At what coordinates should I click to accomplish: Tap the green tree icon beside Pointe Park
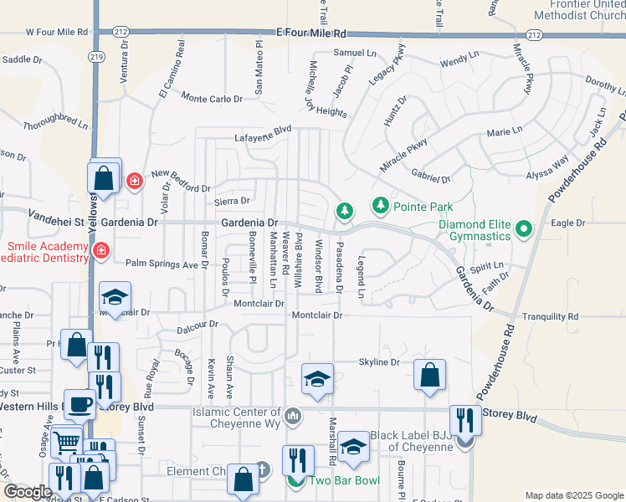tap(380, 205)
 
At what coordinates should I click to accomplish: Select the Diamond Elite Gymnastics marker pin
tap(525, 228)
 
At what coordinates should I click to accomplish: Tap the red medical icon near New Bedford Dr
tap(133, 180)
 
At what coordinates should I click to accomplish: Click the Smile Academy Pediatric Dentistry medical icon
tap(101, 250)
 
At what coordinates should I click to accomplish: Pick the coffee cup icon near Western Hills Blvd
tap(80, 404)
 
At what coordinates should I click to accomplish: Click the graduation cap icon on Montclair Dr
tap(115, 297)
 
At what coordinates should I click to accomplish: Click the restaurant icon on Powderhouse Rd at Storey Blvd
tap(465, 420)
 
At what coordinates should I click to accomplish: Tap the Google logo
tap(28, 492)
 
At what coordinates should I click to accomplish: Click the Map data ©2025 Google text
tap(573, 495)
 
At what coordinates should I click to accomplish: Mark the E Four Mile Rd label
tap(310, 33)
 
